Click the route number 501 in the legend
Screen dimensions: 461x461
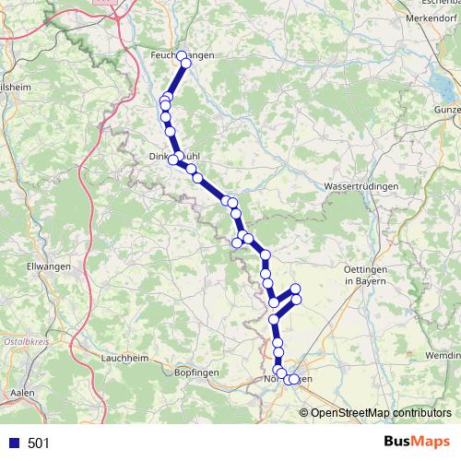point(39,443)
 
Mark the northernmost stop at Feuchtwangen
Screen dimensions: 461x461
point(182,55)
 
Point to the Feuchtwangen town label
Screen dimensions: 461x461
point(182,56)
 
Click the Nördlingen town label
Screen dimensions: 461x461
point(289,379)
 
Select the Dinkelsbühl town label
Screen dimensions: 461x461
point(181,157)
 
